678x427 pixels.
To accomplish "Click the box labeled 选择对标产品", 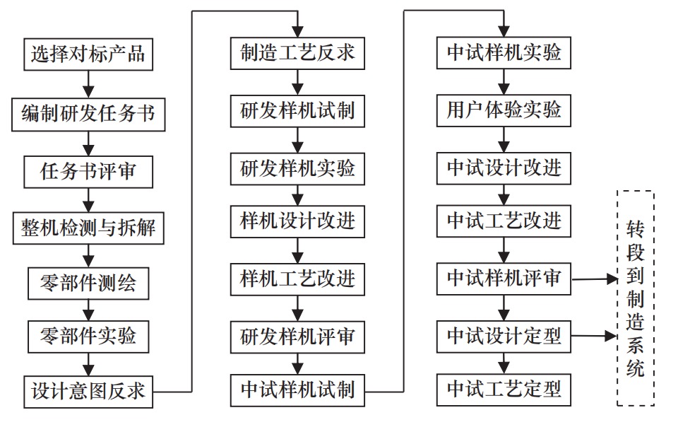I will click(x=88, y=53).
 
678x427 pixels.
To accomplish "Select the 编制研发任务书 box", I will click(x=88, y=112).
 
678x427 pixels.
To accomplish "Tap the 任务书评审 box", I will click(x=88, y=170).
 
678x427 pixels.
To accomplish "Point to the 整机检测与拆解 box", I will click(x=88, y=228).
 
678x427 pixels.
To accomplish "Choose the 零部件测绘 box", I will click(x=88, y=283).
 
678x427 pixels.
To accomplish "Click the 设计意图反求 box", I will click(x=88, y=390).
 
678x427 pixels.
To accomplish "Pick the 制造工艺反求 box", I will click(x=297, y=53).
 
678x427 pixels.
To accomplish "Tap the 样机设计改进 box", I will click(x=297, y=221).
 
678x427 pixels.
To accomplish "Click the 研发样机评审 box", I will click(x=297, y=334).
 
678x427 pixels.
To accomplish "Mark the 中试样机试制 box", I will click(x=297, y=390).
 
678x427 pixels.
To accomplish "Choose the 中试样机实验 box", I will click(x=504, y=53).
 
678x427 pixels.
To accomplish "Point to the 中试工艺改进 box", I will click(x=504, y=221).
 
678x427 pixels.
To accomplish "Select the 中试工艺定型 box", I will click(x=504, y=390).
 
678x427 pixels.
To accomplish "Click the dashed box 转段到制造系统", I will click(x=635, y=297).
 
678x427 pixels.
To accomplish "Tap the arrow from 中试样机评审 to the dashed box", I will click(x=594, y=279).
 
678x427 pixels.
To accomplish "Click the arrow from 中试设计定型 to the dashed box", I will click(x=594, y=335).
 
